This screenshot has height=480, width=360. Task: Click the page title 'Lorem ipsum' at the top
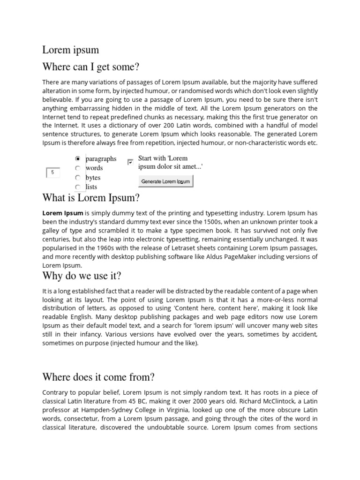pos(71,50)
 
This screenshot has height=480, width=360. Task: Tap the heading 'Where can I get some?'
pos(91,67)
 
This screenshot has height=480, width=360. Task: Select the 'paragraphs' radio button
pos(78,159)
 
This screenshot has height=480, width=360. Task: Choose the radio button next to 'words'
pos(78,168)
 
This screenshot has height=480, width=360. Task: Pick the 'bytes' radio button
pos(78,178)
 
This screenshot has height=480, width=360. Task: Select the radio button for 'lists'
pos(78,187)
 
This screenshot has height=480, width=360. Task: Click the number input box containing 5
pos(53,172)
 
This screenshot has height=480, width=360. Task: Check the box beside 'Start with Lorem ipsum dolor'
pos(130,162)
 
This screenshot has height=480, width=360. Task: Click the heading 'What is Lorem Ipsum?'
pos(91,198)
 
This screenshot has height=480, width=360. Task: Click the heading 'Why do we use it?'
pos(82,275)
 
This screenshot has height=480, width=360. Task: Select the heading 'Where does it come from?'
pos(98,377)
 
